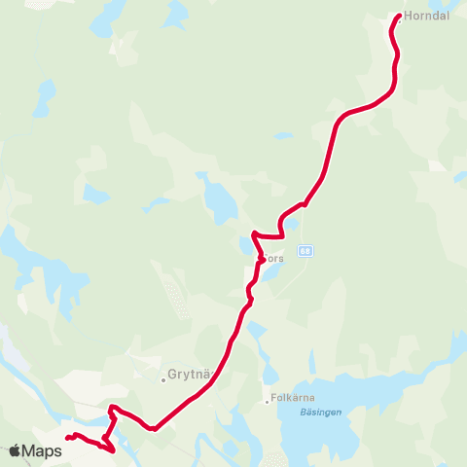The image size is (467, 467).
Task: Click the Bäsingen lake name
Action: tap(312, 412)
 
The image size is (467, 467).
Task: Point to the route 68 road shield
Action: tap(305, 250)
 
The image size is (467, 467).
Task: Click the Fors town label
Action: tap(274, 260)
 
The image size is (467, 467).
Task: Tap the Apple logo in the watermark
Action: tap(16, 450)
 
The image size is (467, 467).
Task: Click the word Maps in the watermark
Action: tap(42, 450)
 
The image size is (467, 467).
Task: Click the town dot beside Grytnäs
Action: tap(163, 379)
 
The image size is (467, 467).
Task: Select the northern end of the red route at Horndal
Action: tap(398, 18)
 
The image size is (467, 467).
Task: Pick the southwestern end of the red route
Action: tap(67, 439)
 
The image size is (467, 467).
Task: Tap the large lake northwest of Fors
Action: tap(220, 200)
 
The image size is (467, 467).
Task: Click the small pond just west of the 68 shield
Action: tap(290, 227)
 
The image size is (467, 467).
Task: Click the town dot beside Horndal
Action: tap(399, 18)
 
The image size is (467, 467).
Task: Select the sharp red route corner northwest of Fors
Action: tap(253, 233)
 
